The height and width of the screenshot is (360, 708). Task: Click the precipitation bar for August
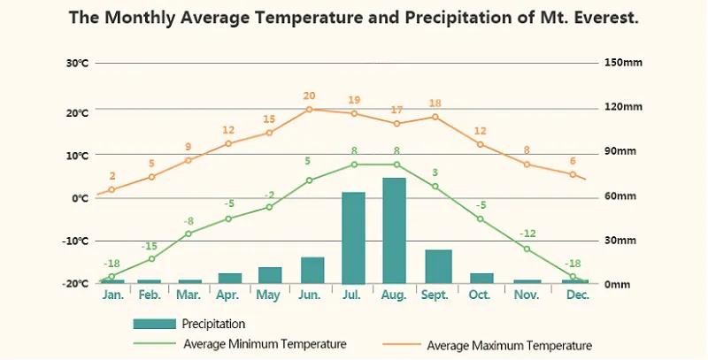pyautogui.click(x=394, y=230)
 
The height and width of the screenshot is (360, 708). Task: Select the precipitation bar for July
pyautogui.click(x=353, y=237)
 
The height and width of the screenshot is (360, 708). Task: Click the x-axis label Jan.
pyautogui.click(x=112, y=294)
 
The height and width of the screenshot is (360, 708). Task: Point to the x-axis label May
pyautogui.click(x=268, y=294)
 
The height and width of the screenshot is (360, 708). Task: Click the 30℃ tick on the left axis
pyautogui.click(x=77, y=64)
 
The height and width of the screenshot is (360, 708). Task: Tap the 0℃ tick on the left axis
pyautogui.click(x=80, y=198)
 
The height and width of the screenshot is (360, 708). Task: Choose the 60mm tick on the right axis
pyautogui.click(x=620, y=196)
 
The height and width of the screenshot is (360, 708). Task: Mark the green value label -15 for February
pyautogui.click(x=150, y=247)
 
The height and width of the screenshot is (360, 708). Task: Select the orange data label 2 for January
pyautogui.click(x=112, y=176)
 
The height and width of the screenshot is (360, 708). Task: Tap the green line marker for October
pyautogui.click(x=481, y=218)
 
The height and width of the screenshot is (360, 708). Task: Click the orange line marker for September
pyautogui.click(x=435, y=117)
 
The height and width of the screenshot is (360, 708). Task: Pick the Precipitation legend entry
pyautogui.click(x=212, y=324)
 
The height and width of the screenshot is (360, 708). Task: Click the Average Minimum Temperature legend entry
pyautogui.click(x=264, y=343)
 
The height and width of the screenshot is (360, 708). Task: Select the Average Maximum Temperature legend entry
pyautogui.click(x=509, y=345)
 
